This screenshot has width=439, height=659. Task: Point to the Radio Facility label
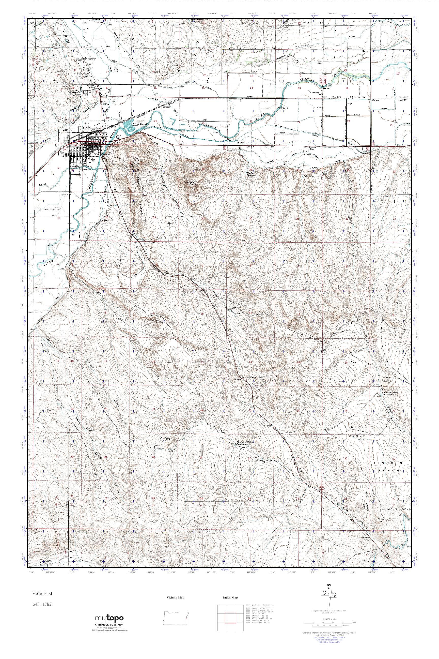click(x=132, y=165)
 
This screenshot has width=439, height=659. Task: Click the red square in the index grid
click(x=230, y=617)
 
